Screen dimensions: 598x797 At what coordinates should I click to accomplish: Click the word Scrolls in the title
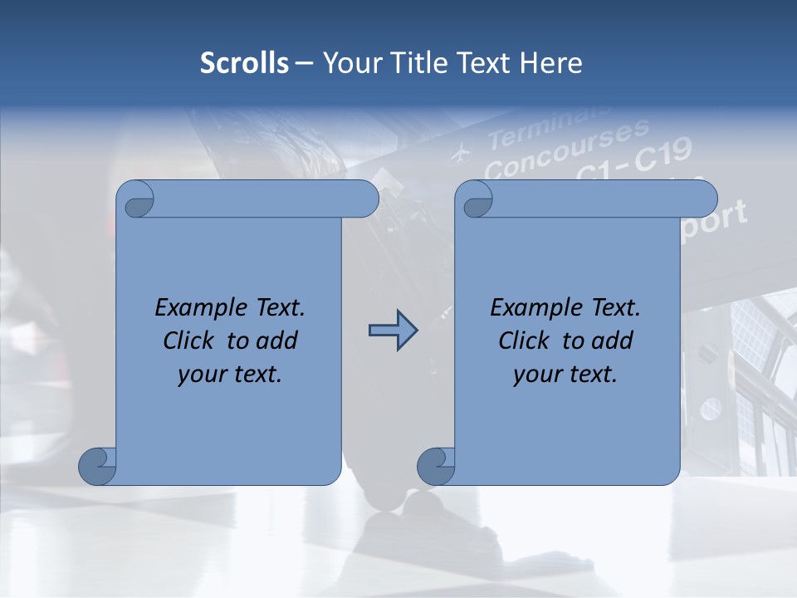tap(244, 63)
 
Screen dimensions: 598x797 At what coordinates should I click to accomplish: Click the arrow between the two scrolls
tap(393, 331)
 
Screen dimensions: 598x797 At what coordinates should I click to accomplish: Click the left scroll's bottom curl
tap(98, 466)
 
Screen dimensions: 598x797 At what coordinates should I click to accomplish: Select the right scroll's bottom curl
tap(437, 466)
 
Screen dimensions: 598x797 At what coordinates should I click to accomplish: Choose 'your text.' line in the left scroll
tap(230, 375)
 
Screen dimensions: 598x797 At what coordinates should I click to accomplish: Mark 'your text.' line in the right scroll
tap(565, 375)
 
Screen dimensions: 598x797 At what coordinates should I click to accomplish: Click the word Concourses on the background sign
tap(566, 148)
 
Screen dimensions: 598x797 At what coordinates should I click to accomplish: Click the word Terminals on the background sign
tap(548, 125)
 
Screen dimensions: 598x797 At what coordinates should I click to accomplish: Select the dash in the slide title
tap(305, 63)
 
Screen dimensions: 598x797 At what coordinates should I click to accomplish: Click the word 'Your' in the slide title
tap(348, 63)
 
